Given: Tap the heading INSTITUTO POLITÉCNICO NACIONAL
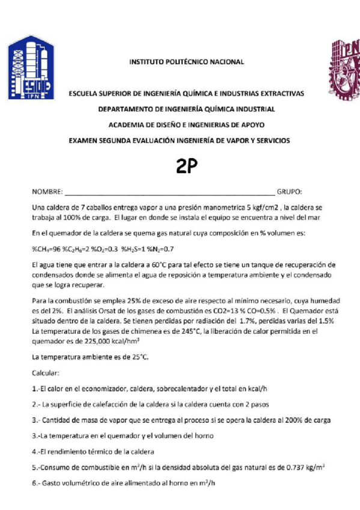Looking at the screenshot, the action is pyautogui.click(x=186, y=62).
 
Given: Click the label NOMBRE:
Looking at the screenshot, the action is pyautogui.click(x=47, y=192).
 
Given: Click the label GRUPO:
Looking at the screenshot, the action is pyautogui.click(x=289, y=192).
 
